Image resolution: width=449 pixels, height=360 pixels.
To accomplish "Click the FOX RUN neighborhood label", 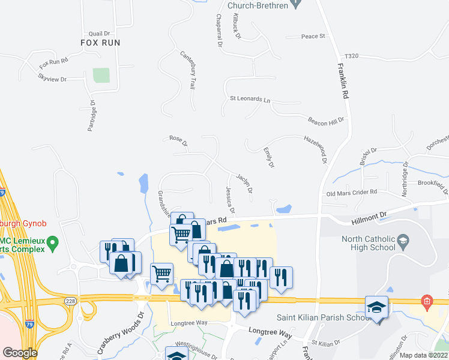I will coord(101,43).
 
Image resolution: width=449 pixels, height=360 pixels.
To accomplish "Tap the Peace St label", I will coord(313,37).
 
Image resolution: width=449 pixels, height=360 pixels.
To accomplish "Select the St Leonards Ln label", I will coord(250,98).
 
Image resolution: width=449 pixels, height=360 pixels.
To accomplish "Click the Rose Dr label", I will coord(178,141).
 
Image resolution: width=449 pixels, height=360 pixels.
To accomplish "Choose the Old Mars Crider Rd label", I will coord(351,193).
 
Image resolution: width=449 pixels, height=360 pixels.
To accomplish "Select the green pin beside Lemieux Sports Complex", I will coord(53,244).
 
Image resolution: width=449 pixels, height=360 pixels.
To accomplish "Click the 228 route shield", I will coord(70,300).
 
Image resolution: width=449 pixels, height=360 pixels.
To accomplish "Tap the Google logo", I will coord(20,352).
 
